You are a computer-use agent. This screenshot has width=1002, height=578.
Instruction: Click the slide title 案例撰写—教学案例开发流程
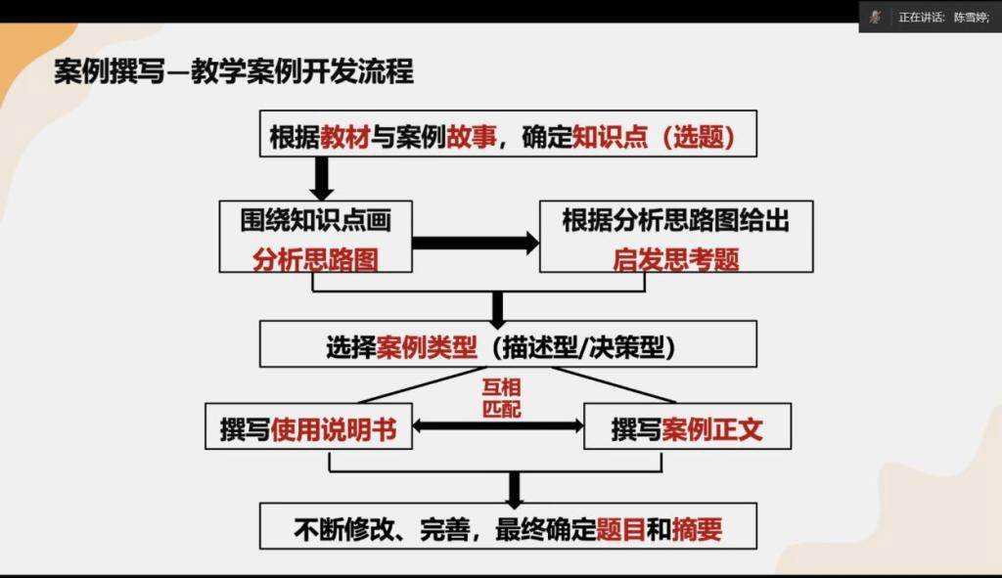234,72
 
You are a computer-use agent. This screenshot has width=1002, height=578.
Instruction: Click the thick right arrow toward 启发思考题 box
476,243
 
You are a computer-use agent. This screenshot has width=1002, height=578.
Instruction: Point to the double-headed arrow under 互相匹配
498,426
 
